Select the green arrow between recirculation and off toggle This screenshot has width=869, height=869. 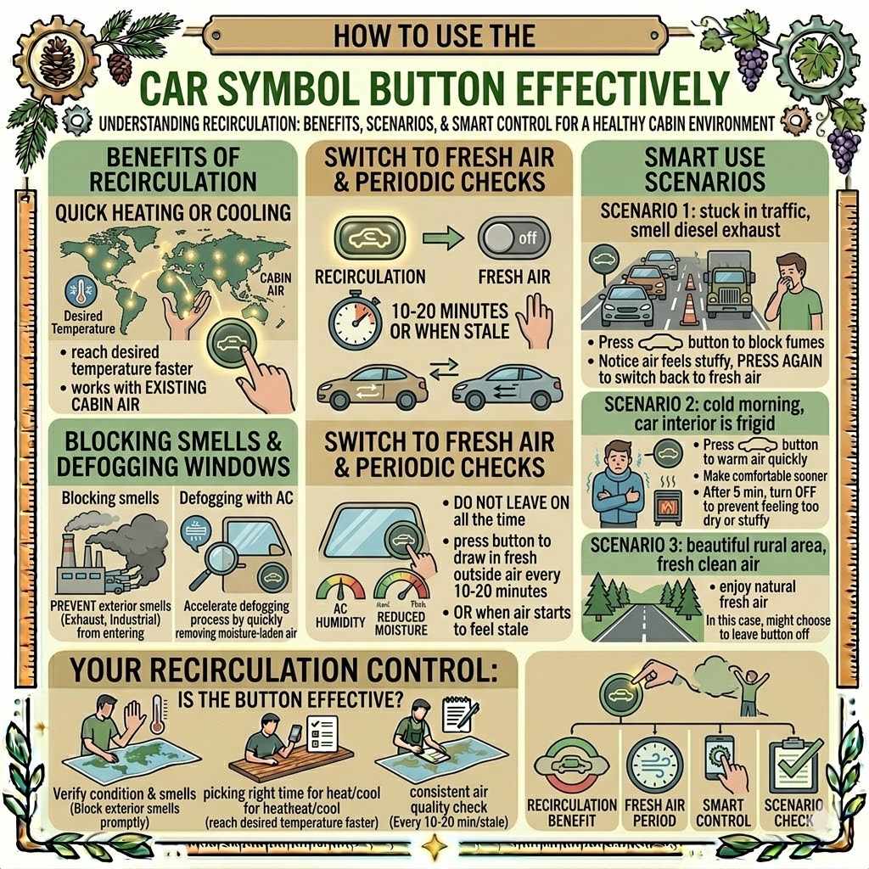tap(442, 238)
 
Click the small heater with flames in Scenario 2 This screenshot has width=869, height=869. tap(668, 503)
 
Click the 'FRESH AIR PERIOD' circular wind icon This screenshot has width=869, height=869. tap(654, 764)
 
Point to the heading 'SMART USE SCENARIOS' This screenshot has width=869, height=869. tap(705, 169)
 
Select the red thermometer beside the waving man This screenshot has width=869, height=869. tap(157, 714)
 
